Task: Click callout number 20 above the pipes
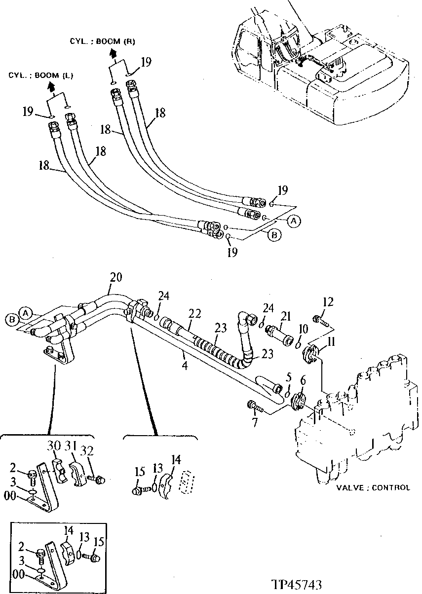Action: point(115,277)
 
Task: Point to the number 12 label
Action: point(328,301)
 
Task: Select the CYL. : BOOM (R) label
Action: point(102,41)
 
